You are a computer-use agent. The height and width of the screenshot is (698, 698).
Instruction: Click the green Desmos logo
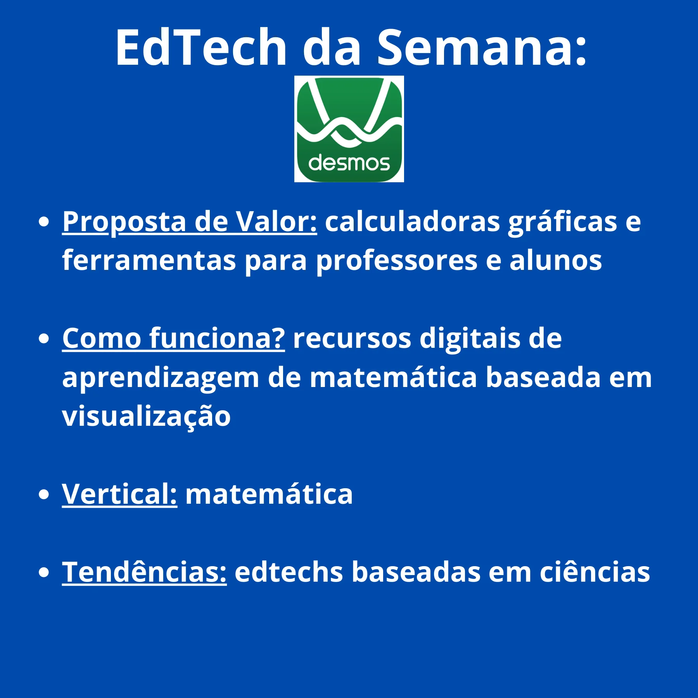pos(349,129)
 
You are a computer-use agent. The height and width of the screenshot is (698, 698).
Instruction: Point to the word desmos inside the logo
pos(349,163)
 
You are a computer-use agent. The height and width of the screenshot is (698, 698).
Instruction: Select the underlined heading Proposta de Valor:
pos(190,222)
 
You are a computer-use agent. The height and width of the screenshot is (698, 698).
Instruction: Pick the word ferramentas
pos(149,261)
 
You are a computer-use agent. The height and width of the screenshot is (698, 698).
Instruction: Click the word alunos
pos(555,261)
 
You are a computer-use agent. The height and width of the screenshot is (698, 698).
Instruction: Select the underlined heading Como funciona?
pos(173,339)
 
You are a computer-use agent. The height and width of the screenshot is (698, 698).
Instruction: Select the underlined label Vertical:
pos(119,494)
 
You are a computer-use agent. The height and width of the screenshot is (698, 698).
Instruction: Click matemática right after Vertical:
pos(269,494)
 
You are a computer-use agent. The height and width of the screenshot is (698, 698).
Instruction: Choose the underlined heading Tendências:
pos(144,572)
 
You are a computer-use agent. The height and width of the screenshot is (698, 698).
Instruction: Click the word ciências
pos(595,573)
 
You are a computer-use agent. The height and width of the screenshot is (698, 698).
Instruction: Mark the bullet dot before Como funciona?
pos(44,339)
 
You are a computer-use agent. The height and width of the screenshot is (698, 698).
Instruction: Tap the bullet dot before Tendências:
pos(44,572)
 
